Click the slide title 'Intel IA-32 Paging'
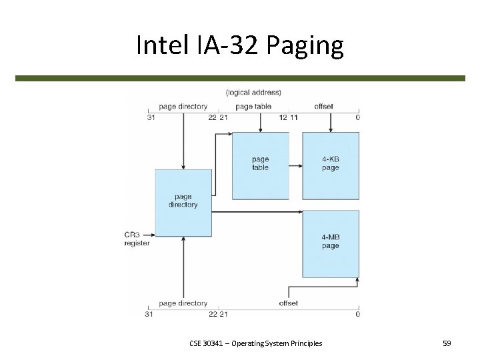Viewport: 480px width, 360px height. [239, 45]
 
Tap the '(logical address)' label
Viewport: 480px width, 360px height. [253, 92]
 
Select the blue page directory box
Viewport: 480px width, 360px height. [183, 201]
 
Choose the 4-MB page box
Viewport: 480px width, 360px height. [331, 241]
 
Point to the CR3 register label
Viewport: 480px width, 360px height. [137, 239]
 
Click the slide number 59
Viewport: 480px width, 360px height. [447, 343]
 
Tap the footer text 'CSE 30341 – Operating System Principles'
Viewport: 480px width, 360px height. [255, 343]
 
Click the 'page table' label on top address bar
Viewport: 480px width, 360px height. [253, 107]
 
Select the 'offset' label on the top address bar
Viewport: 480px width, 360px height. [324, 107]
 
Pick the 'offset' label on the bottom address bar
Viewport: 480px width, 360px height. [289, 303]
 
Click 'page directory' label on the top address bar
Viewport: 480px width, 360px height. [183, 107]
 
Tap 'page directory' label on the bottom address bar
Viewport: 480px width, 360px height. [183, 303]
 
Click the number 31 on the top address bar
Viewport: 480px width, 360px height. [150, 118]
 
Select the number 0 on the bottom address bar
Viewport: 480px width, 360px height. [358, 314]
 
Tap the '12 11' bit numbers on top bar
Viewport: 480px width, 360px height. [289, 118]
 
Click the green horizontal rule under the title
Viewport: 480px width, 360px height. [240, 78]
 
